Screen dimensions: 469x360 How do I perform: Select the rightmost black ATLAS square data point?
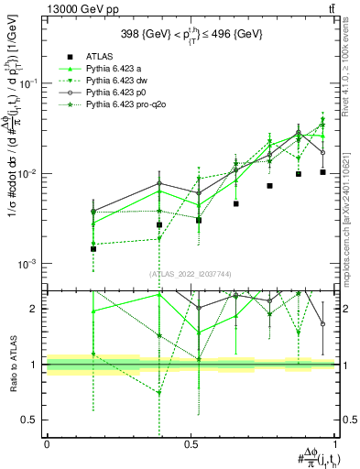click(x=322, y=172)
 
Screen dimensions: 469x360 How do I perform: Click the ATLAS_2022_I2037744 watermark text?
click(x=191, y=273)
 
